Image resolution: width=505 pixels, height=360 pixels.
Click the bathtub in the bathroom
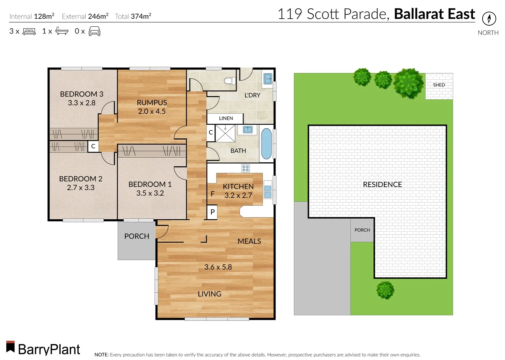pyautogui.click(x=266, y=144)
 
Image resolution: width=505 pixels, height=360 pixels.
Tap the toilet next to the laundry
pyautogui.click(x=230, y=81)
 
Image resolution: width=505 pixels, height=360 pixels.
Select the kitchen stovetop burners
pyautogui.click(x=245, y=168)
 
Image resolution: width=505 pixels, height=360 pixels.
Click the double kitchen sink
pyautogui.click(x=268, y=192)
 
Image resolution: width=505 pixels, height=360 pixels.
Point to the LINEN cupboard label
pyautogui.click(x=226, y=118)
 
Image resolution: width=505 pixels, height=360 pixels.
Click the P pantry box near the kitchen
pyautogui.click(x=212, y=212)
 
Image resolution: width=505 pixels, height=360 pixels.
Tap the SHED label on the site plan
pyautogui.click(x=439, y=85)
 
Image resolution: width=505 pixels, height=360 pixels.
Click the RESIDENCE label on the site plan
pyautogui.click(x=382, y=184)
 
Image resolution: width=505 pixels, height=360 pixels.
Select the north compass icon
pyautogui.click(x=489, y=18)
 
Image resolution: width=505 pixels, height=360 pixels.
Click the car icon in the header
pyautogui.click(x=94, y=31)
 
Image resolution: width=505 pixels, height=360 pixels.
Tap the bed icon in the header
pyautogui.click(x=29, y=32)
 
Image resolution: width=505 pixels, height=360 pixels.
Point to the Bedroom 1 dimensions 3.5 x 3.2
pyautogui.click(x=150, y=193)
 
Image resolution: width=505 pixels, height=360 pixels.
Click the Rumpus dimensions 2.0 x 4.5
pyautogui.click(x=152, y=111)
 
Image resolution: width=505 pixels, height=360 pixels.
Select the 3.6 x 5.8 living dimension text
pyautogui.click(x=218, y=267)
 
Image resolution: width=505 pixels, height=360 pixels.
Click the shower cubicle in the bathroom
pyautogui.click(x=225, y=133)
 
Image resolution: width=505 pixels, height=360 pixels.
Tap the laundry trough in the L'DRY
pyautogui.click(x=268, y=79)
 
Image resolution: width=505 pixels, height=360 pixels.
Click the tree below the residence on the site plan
pyautogui.click(x=385, y=290)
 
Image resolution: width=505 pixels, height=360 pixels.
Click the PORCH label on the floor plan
pyautogui.click(x=136, y=236)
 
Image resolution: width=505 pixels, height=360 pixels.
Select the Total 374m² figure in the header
pyautogui.click(x=133, y=16)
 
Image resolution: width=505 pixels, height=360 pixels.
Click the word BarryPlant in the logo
pyautogui.click(x=49, y=349)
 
